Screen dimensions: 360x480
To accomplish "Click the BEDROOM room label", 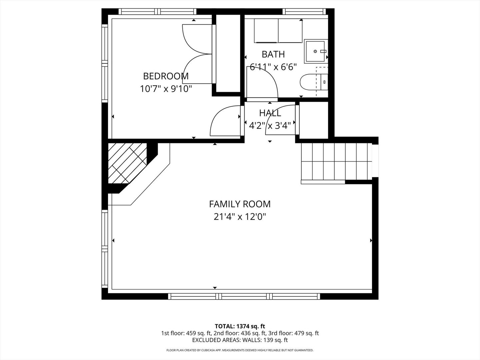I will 166,76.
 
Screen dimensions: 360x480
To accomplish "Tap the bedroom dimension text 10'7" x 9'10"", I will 166,89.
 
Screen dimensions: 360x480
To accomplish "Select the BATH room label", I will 273,54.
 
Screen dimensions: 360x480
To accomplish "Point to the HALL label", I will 270,113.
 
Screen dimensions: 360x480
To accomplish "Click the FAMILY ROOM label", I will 240,204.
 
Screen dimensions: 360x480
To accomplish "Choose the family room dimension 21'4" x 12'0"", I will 240,217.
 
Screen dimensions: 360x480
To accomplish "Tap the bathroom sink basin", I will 315,51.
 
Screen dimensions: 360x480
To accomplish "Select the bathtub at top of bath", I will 278,31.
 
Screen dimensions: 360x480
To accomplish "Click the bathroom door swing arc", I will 263,82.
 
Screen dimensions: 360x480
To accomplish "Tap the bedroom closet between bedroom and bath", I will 226,53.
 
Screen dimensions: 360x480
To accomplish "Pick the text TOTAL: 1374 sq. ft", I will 240,326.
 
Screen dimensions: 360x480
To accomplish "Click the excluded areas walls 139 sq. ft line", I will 240,340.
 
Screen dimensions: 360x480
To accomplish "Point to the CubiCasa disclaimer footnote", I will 240,350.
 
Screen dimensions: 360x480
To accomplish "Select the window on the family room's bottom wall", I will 244,296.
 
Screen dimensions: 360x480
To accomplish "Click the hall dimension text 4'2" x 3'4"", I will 270,126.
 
